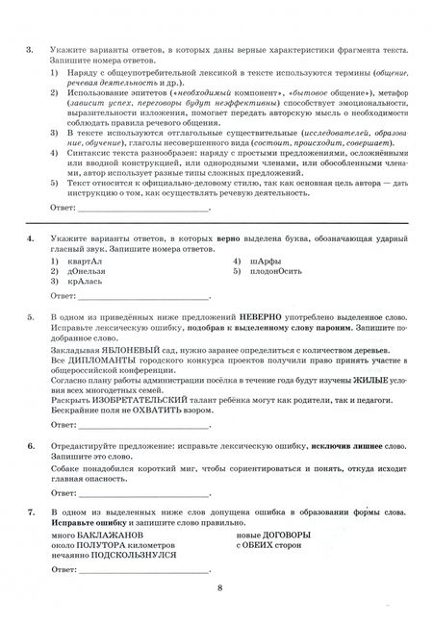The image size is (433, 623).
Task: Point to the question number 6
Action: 31,446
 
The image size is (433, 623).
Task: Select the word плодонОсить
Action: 277,272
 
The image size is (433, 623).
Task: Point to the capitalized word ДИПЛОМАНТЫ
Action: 99,362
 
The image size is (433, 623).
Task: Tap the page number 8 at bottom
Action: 220,596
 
